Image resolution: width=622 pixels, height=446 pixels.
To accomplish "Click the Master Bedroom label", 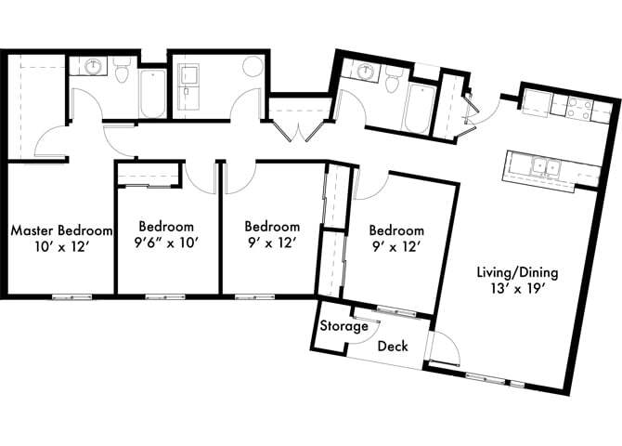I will pyautogui.click(x=61, y=230).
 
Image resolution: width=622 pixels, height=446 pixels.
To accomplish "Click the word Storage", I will pyautogui.click(x=339, y=327).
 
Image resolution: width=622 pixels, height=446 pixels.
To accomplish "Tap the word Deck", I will pyautogui.click(x=392, y=346).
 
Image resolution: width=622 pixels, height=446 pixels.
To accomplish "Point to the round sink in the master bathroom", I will pyautogui.click(x=93, y=68).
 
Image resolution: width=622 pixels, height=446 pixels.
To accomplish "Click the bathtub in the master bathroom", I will pyautogui.click(x=152, y=93).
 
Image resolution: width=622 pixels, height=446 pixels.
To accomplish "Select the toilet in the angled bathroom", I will pyautogui.click(x=395, y=85).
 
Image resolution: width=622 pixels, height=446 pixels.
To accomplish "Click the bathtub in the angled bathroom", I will pyautogui.click(x=418, y=106).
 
